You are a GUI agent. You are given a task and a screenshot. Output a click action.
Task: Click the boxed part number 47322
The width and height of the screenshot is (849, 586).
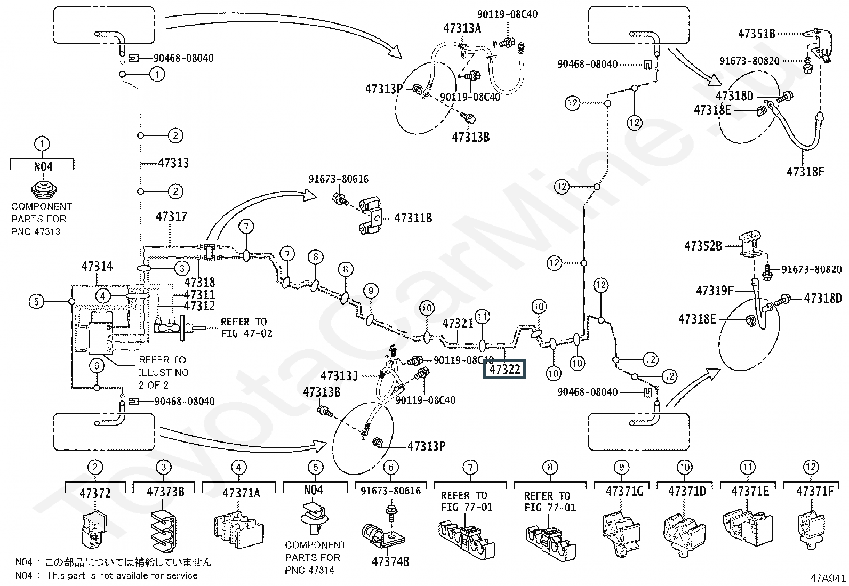pyautogui.click(x=504, y=369)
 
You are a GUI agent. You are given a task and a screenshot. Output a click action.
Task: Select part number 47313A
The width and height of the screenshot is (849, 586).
pyautogui.click(x=462, y=28)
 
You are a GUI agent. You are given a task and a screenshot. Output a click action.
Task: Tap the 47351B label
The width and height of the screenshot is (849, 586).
pyautogui.click(x=757, y=34)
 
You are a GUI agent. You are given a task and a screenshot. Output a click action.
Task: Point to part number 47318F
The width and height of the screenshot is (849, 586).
pyautogui.click(x=805, y=172)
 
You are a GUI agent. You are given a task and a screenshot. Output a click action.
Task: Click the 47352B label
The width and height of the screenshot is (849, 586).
pyautogui.click(x=703, y=246)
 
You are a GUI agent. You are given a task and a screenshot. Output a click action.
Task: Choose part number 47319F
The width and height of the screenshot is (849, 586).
pyautogui.click(x=715, y=291)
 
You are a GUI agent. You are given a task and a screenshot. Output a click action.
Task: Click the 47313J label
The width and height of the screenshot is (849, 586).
pyautogui.click(x=339, y=376)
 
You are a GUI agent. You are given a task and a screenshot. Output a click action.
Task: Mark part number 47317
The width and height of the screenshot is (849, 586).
pyautogui.click(x=171, y=216)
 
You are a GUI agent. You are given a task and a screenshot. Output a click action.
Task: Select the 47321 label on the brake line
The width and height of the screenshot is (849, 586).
pyautogui.click(x=458, y=324)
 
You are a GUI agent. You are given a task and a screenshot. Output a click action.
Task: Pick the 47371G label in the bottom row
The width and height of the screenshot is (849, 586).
pyautogui.click(x=624, y=492)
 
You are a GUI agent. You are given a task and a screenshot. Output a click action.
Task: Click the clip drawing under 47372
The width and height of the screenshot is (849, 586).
pyautogui.click(x=94, y=531)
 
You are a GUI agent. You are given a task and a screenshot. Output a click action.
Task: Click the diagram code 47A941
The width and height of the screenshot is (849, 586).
pyautogui.click(x=828, y=578)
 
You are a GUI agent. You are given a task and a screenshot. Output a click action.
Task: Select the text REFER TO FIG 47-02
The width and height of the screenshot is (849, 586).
pyautogui.click(x=246, y=327)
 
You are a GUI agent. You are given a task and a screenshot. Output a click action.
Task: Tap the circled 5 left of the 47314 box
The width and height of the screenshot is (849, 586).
pyautogui.click(x=36, y=302)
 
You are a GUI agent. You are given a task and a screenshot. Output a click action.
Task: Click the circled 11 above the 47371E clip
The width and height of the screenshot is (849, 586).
pyautogui.click(x=748, y=467)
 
